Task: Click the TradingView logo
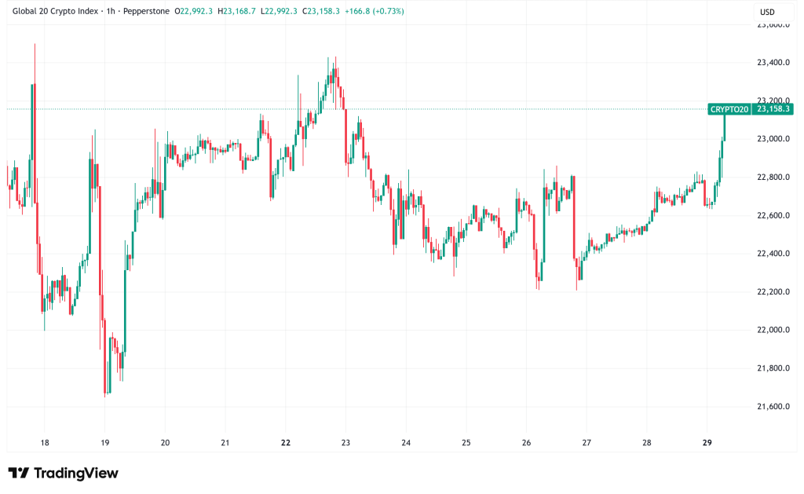pyautogui.click(x=64, y=473)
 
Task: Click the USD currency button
pyautogui.click(x=768, y=12)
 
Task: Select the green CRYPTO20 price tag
pyautogui.click(x=729, y=109)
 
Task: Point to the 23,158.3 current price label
pyautogui.click(x=771, y=109)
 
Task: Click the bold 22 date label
pyautogui.click(x=286, y=443)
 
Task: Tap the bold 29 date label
pyautogui.click(x=707, y=443)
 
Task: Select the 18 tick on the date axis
pyautogui.click(x=45, y=443)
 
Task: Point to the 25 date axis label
pyautogui.click(x=466, y=443)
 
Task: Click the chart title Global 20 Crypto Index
pyautogui.click(x=58, y=11)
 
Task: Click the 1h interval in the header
pyautogui.click(x=111, y=11)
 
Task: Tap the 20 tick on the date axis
pyautogui.click(x=165, y=443)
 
